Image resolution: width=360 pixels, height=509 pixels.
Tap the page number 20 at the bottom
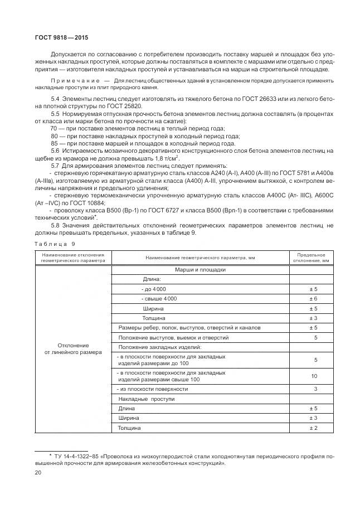[38, 472]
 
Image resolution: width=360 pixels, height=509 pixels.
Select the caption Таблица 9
[53, 244]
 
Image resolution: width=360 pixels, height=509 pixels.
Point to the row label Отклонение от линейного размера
[73, 349]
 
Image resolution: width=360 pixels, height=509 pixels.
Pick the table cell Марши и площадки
[200, 269]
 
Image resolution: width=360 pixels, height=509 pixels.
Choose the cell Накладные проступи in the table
[147, 399]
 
